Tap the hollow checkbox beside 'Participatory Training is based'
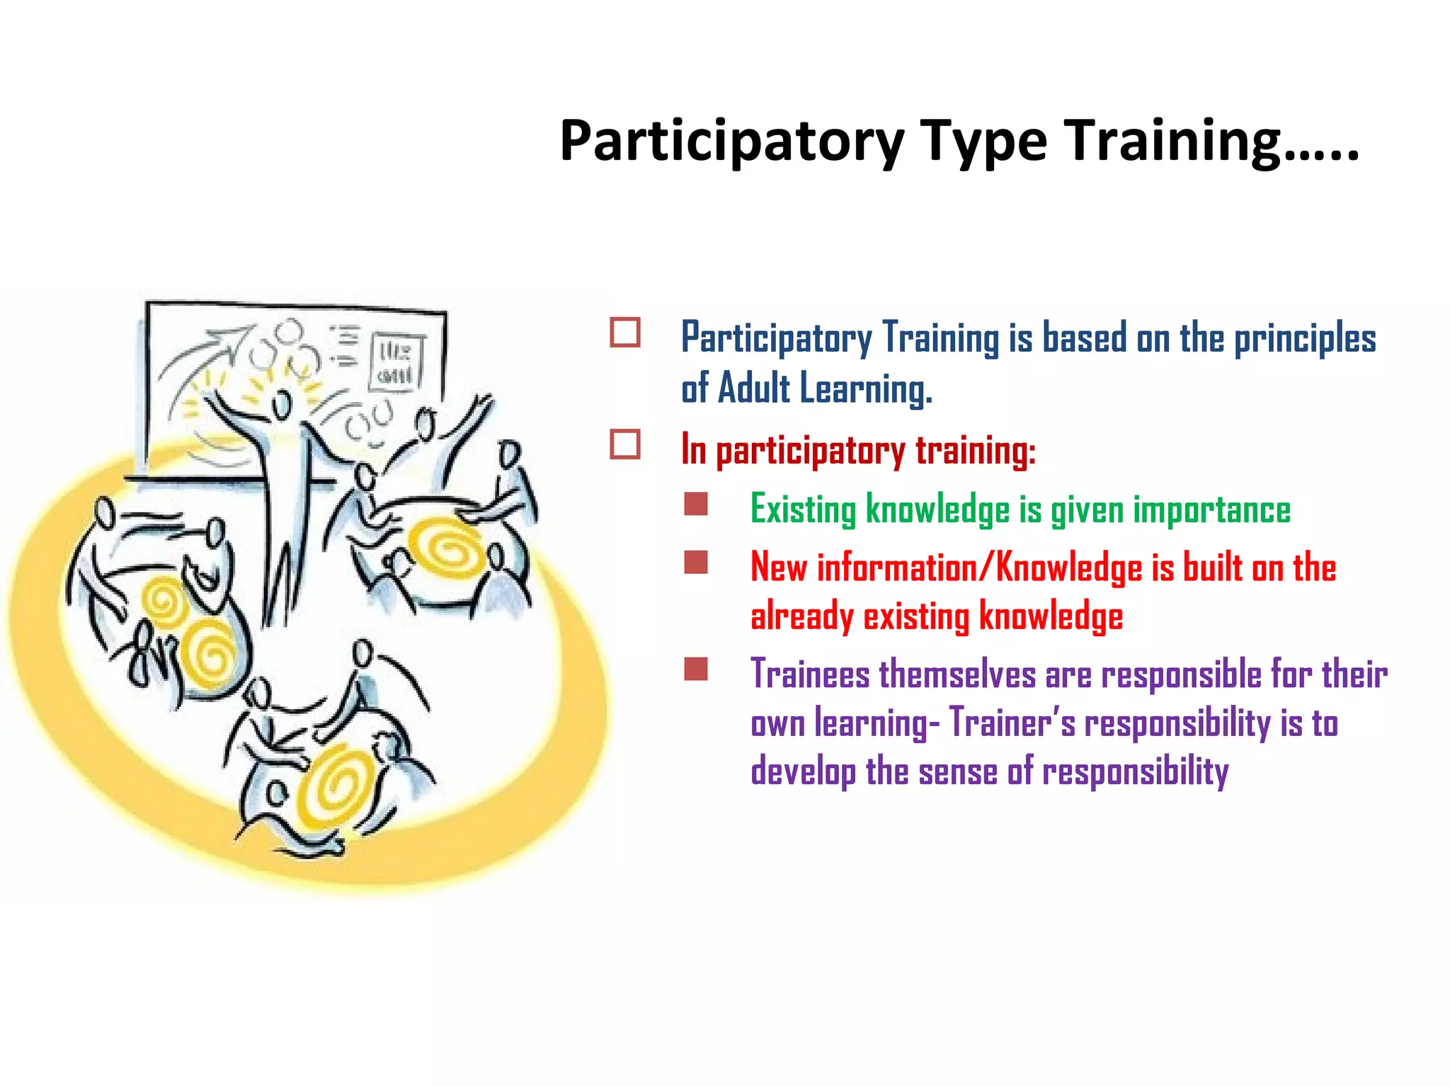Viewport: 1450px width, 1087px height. coord(625,332)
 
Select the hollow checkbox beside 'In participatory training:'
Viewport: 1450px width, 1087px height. coord(625,444)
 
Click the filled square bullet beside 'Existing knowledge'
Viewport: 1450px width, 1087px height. coord(696,505)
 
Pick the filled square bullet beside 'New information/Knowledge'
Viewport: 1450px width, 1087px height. coord(696,563)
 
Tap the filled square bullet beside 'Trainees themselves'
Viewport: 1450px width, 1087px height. coord(696,669)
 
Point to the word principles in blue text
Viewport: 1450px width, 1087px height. coord(1305,338)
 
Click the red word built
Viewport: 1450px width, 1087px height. coord(1213,568)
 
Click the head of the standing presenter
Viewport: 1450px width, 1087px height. coord(282,404)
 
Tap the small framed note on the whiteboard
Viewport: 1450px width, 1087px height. coord(397,361)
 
